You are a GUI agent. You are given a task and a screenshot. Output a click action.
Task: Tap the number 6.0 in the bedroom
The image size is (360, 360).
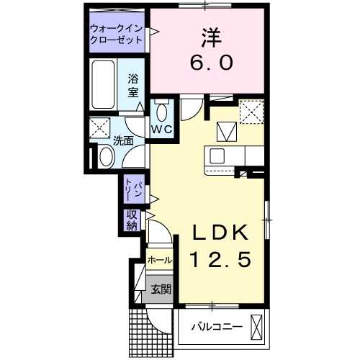pos(212,63)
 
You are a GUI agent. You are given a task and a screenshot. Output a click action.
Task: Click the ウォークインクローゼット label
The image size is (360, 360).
pos(116,35)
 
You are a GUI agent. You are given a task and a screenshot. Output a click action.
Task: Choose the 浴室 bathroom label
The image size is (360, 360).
pos(132,85)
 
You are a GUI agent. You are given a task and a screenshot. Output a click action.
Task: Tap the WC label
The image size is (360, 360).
pos(161,130)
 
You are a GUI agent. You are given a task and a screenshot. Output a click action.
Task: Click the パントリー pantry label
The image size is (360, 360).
pos(132,190)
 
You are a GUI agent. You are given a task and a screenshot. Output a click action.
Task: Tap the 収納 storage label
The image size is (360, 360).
pos(132,220)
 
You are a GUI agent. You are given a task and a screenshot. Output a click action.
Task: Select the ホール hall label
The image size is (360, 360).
pos(159,259)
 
